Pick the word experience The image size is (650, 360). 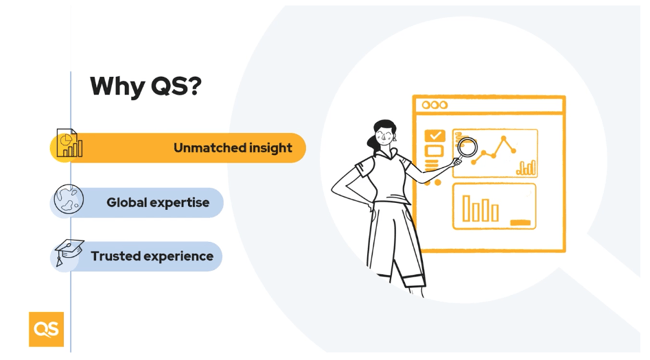(x=181, y=256)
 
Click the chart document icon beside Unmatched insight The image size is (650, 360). (x=69, y=144)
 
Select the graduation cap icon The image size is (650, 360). (x=68, y=252)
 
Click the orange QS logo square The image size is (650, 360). (x=46, y=329)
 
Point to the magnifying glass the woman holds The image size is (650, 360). (x=466, y=148)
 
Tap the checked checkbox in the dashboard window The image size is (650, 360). (x=434, y=136)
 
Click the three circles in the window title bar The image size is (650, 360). (x=434, y=105)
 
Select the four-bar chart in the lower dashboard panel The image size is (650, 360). (x=480, y=209)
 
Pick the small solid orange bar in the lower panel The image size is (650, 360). (x=520, y=222)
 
